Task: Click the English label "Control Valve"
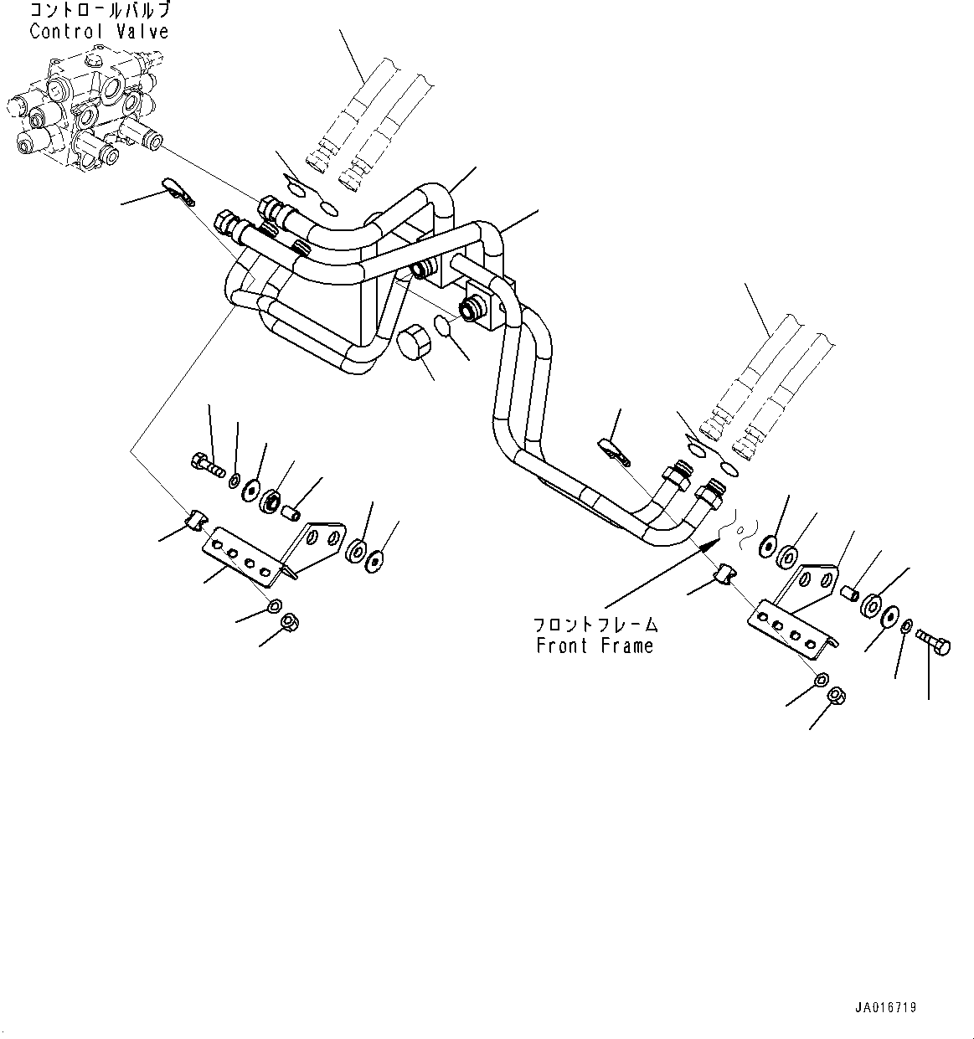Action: [99, 32]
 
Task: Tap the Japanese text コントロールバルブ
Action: [99, 11]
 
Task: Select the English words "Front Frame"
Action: [595, 646]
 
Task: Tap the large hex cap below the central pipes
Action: [410, 344]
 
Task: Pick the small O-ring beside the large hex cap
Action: [446, 325]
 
